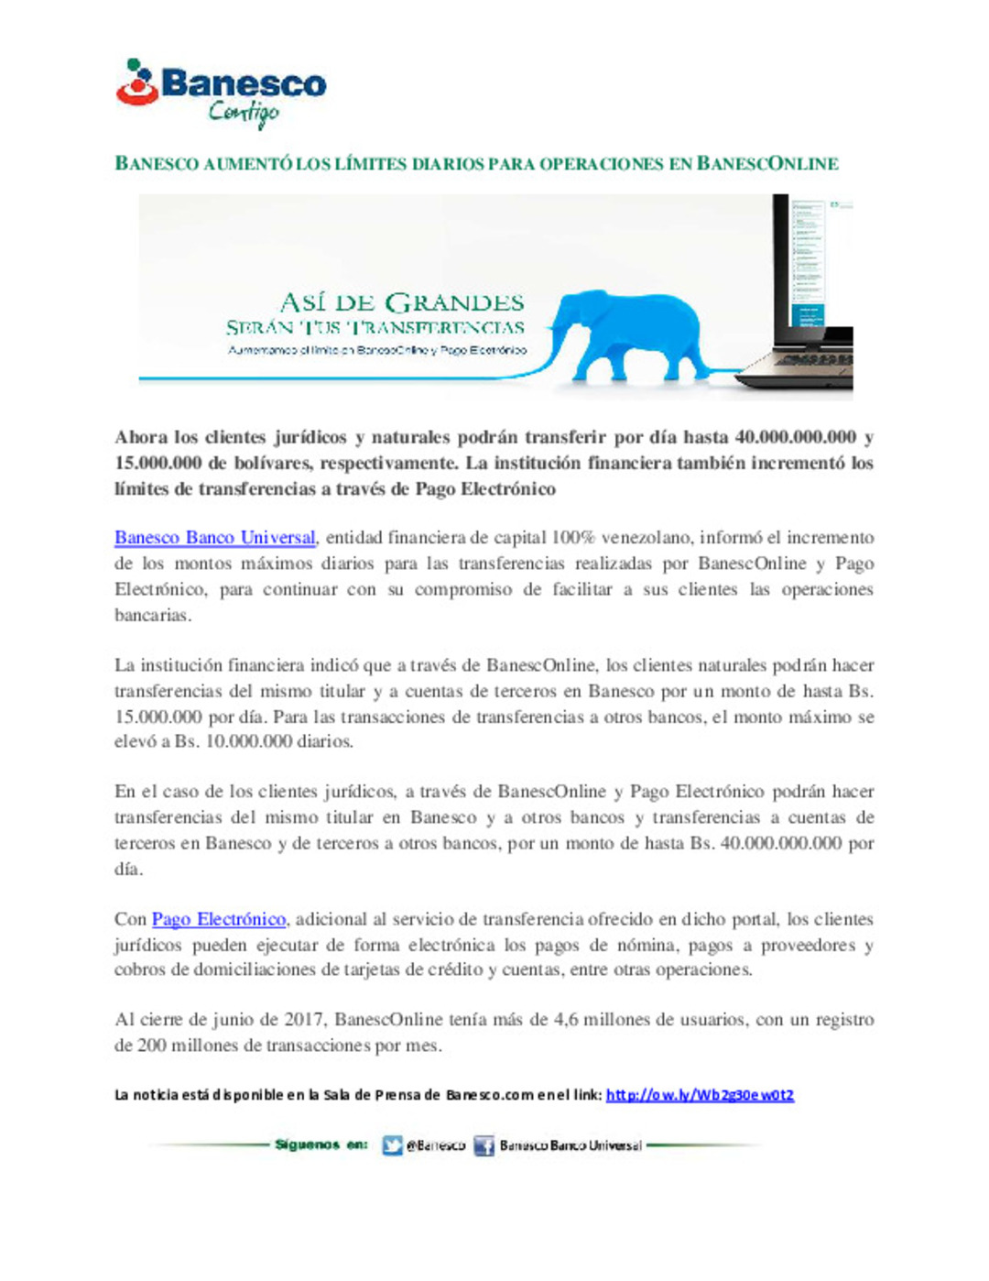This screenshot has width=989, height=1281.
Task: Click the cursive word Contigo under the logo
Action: point(243,114)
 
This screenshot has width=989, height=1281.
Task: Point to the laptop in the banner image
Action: point(810,293)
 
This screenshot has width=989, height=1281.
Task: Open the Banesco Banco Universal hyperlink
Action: point(215,538)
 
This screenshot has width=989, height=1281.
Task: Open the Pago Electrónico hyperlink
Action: point(219,919)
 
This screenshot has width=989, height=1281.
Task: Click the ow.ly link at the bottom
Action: point(700,1095)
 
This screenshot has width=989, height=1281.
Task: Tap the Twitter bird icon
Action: point(392,1145)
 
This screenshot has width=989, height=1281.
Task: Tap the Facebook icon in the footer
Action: point(484,1145)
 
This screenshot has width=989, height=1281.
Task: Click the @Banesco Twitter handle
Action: point(436,1145)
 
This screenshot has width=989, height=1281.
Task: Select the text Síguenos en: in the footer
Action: point(321,1144)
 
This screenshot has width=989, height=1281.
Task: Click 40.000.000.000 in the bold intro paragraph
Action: point(796,437)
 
